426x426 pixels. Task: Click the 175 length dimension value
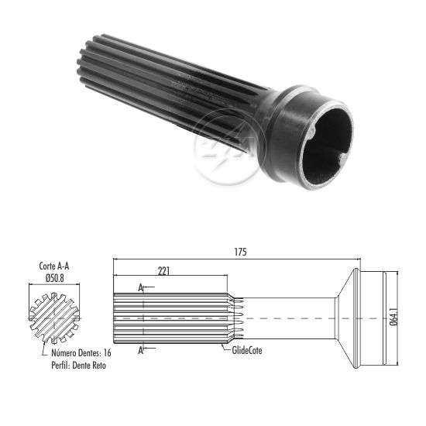tap(240, 253)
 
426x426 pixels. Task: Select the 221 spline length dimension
tap(164, 271)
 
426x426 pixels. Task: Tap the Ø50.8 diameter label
tap(55, 278)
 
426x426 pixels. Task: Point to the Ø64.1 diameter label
tap(394, 316)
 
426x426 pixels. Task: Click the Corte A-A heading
tap(54, 266)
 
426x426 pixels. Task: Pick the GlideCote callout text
tap(247, 350)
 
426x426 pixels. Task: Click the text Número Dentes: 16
tap(81, 353)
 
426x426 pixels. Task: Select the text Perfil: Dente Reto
tap(78, 365)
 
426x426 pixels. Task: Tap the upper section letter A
tap(140, 287)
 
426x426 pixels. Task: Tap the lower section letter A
tap(140, 350)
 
